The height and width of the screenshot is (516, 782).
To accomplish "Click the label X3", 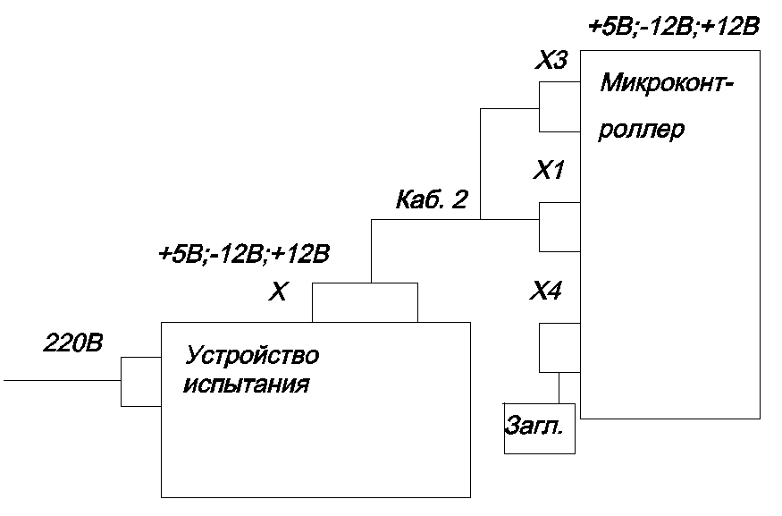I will coord(551,62).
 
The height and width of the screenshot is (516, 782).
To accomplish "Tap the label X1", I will coord(548,170).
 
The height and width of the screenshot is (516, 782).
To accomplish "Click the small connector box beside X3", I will coord(559,106).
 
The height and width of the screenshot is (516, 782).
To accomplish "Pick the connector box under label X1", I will coord(559,226).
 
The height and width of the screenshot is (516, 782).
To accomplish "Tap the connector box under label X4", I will coord(559,349).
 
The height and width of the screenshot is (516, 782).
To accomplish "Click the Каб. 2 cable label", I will coord(432,200).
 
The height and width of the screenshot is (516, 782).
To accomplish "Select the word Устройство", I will coord(251,357).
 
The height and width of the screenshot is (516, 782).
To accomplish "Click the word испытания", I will coord(246,386).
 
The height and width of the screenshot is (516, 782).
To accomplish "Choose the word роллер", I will coord(642,130).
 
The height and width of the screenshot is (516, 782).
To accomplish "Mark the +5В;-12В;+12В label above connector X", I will coord(244,255).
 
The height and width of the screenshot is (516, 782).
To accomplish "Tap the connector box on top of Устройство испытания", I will coord(365,301).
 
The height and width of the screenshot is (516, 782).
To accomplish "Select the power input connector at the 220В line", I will coord(140,381).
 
